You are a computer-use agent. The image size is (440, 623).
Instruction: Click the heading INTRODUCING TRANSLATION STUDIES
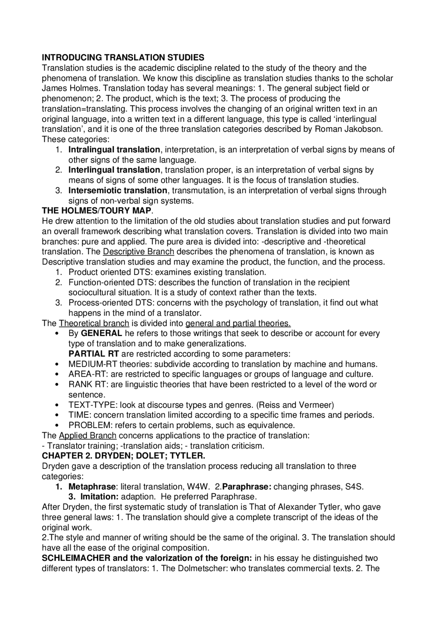pyautogui.click(x=123, y=57)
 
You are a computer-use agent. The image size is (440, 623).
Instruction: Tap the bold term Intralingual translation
pyautogui.click(x=114, y=150)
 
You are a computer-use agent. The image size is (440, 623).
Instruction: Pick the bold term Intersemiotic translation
pyautogui.click(x=118, y=191)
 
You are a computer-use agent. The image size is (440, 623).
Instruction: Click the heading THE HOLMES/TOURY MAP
pyautogui.click(x=96, y=211)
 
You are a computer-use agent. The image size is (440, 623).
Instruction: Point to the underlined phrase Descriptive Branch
pyautogui.click(x=139, y=252)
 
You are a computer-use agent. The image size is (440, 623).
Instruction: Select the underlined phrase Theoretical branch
pyautogui.click(x=94, y=323)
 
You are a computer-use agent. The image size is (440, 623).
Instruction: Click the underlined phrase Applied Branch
pyautogui.click(x=88, y=436)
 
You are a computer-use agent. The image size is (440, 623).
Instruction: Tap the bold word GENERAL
pyautogui.click(x=101, y=333)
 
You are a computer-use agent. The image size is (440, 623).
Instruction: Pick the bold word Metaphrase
pyautogui.click(x=92, y=487)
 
